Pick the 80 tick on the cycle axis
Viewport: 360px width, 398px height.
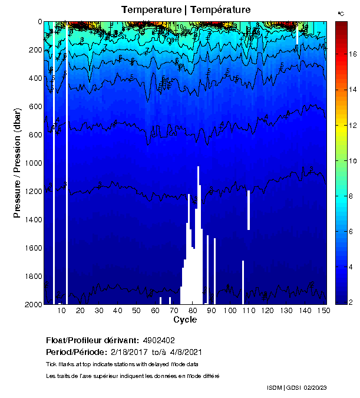[193, 311]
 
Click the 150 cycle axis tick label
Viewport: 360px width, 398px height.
[323, 311]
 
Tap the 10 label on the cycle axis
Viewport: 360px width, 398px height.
[62, 311]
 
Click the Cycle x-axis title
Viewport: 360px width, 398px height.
[185, 320]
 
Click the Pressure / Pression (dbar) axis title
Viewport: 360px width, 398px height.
[18, 163]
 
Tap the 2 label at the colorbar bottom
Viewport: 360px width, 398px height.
[352, 302]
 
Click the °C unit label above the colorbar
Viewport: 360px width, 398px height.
[341, 13]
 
